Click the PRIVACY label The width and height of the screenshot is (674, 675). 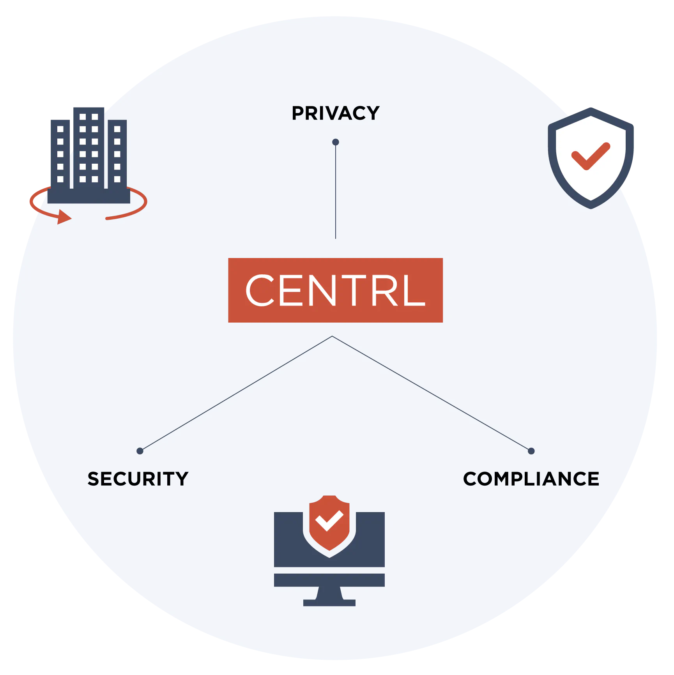335,113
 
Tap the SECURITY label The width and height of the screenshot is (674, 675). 138,479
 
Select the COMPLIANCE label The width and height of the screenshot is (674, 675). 531,479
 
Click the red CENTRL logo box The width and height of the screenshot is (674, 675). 335,290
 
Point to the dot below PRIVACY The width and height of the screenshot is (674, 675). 336,142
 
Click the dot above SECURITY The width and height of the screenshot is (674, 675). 140,451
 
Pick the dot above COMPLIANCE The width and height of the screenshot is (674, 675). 531,451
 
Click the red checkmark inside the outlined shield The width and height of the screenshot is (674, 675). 591,156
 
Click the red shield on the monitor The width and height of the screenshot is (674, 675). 329,522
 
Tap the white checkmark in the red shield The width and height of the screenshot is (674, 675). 329,521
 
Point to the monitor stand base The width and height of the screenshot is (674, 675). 329,603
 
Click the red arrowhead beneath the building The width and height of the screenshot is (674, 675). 64,217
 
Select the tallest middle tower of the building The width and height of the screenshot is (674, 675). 89,148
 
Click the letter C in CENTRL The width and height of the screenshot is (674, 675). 260,290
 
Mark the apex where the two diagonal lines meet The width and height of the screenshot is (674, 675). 332,336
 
